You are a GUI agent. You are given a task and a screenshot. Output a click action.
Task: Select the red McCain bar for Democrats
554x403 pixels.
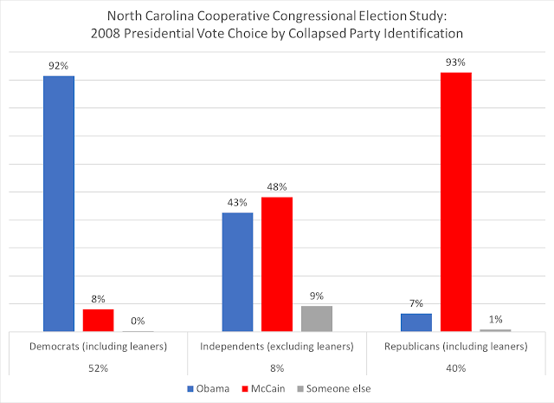pyautogui.click(x=98, y=320)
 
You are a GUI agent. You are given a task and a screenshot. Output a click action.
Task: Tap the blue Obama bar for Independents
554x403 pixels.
pyautogui.click(x=237, y=271)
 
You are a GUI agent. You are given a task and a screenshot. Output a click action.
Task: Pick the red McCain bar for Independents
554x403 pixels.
pyautogui.click(x=277, y=264)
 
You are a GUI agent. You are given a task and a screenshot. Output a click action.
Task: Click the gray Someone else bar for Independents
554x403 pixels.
pyautogui.click(x=316, y=318)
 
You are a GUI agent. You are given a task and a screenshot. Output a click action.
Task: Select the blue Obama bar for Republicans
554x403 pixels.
pyautogui.click(x=415, y=322)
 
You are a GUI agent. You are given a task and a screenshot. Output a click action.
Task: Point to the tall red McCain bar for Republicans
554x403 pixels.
pyautogui.click(x=455, y=202)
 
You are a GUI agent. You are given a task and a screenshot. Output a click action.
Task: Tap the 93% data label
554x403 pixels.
pyautogui.click(x=455, y=61)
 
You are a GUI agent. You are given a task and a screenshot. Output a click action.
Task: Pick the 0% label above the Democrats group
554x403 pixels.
pyautogui.click(x=138, y=321)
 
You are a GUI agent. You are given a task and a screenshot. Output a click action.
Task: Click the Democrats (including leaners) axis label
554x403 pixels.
pyautogui.click(x=98, y=347)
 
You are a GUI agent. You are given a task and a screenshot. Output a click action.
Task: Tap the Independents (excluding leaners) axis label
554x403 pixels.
pyautogui.click(x=277, y=347)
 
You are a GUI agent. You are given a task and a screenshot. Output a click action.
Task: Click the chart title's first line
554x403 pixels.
pyautogui.click(x=277, y=16)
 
